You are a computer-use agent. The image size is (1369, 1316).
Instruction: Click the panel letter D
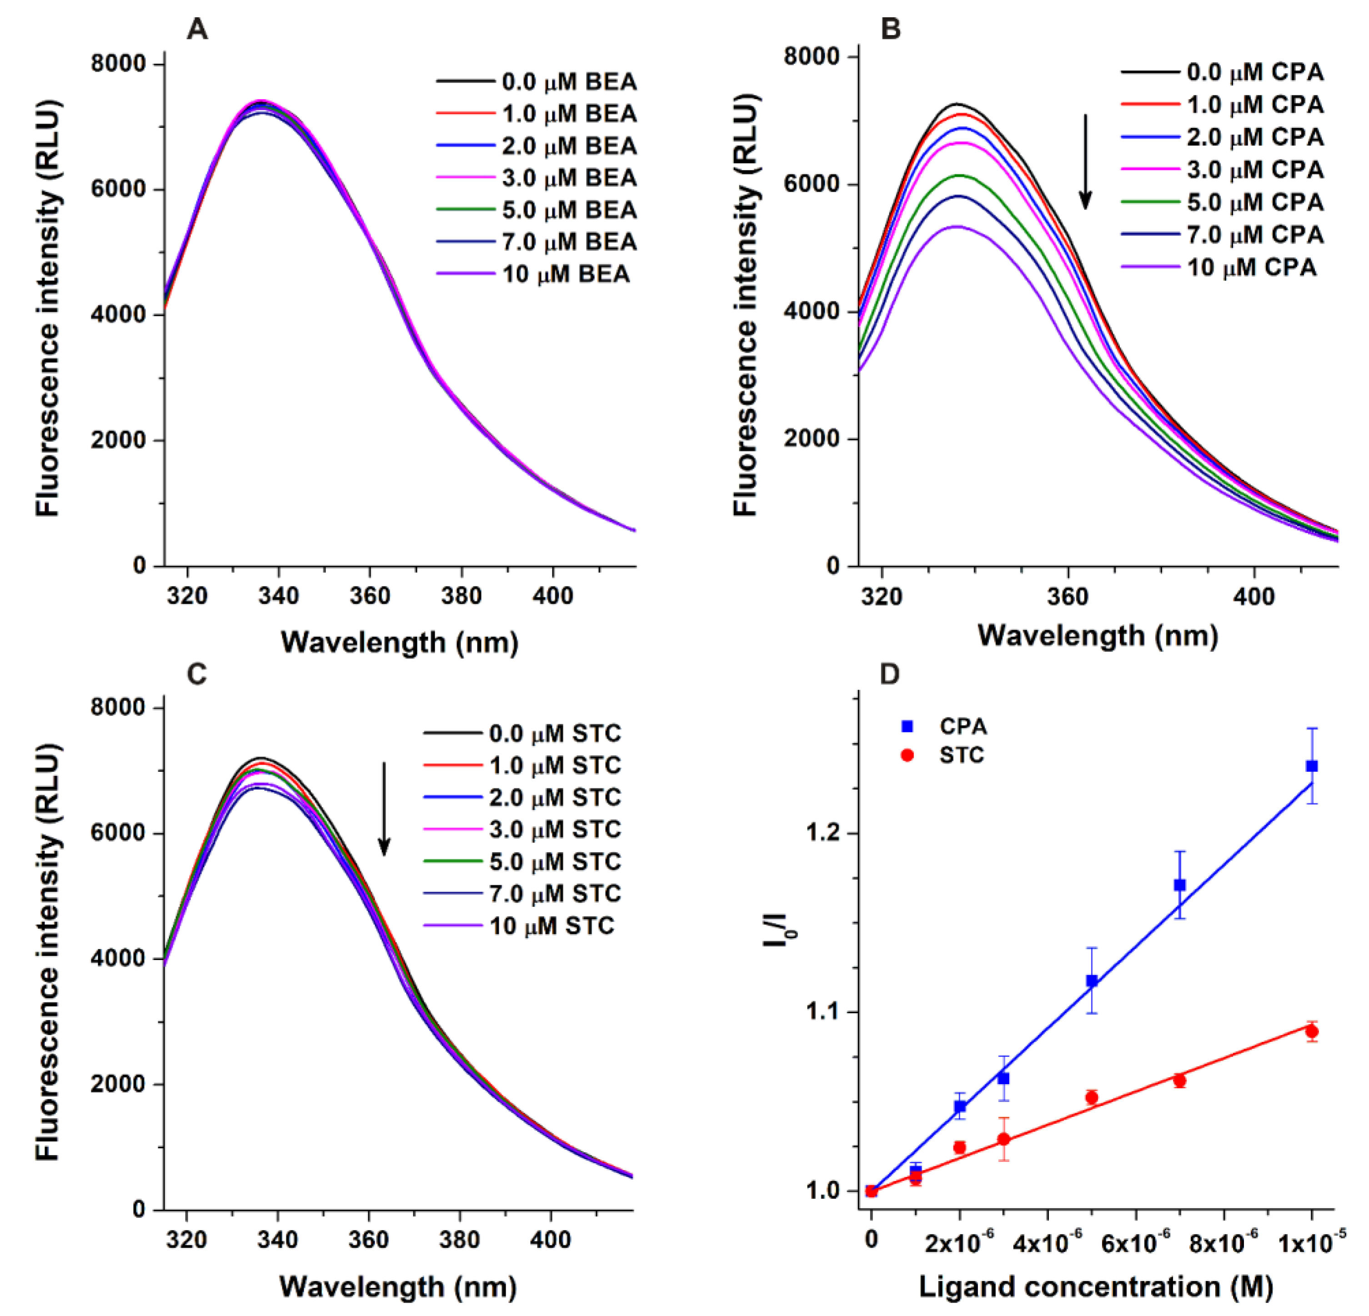click(x=888, y=674)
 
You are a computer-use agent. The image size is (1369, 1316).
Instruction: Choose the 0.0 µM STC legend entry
click(x=522, y=733)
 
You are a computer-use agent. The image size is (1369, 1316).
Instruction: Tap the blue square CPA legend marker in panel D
click(x=908, y=726)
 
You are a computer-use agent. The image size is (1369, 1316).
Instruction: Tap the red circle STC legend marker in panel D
click(x=908, y=755)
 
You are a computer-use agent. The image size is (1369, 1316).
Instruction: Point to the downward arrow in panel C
click(x=383, y=809)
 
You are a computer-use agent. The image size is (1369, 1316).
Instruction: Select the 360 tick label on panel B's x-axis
click(x=1068, y=597)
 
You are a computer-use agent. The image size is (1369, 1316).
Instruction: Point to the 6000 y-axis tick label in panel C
click(x=117, y=833)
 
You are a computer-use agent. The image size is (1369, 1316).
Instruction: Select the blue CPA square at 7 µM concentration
click(x=1180, y=885)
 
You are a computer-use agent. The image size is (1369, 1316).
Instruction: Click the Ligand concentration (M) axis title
click(x=1095, y=1286)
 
